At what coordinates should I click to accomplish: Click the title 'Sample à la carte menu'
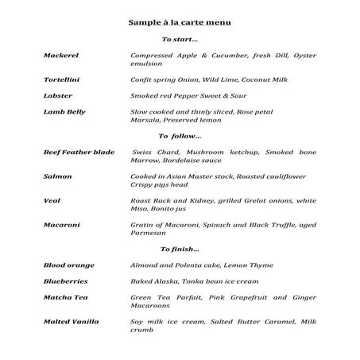click(180, 23)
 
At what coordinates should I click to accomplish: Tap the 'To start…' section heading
click(180, 39)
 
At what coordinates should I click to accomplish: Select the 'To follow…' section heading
click(180, 136)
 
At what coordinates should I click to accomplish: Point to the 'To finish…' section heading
click(180, 250)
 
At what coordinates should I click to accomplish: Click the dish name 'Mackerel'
click(60, 55)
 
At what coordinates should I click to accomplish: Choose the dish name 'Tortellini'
click(61, 79)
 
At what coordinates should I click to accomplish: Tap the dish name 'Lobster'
click(58, 95)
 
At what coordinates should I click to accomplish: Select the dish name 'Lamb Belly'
click(64, 112)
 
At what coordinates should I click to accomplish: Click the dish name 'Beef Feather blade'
click(78, 152)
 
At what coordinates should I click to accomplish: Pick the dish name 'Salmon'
click(58, 176)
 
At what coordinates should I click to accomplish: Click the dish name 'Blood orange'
click(68, 265)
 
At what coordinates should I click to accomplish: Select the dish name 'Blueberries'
click(65, 281)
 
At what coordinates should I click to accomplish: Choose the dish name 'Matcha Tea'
click(65, 297)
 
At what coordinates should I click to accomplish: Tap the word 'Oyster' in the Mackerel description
click(303, 55)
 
